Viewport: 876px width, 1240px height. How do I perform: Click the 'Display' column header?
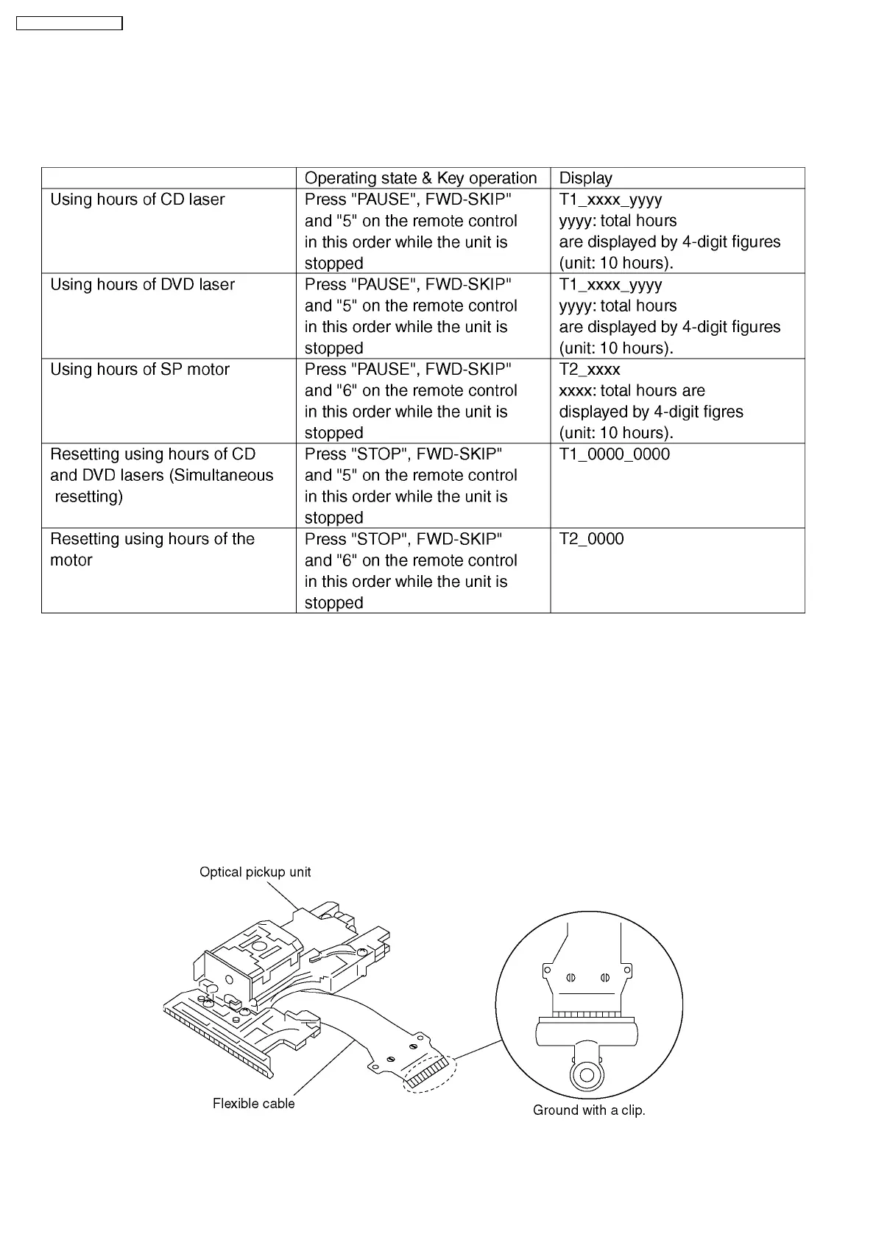coord(585,178)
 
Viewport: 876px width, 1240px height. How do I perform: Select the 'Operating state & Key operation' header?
coord(420,178)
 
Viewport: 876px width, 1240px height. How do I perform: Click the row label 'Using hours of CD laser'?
coord(137,200)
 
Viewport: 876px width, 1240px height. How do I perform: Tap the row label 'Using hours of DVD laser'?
coord(142,284)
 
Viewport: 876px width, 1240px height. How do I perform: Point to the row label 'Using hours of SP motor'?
coord(140,369)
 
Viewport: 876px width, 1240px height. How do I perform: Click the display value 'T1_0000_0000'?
coord(614,454)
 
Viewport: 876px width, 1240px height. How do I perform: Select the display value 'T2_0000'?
coord(591,539)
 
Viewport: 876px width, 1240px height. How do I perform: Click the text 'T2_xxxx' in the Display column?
coord(589,369)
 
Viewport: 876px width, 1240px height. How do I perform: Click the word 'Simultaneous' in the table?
coord(222,476)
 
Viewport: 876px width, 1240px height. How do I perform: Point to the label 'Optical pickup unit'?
coord(255,872)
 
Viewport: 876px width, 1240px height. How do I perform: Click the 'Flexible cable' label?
coord(253,1103)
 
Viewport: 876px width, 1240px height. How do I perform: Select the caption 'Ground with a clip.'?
coord(589,1110)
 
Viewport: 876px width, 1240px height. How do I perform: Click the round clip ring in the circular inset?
coord(587,1075)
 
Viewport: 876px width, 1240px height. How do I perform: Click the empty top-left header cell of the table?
coord(169,178)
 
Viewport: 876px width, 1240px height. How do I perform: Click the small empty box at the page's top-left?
coord(69,24)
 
